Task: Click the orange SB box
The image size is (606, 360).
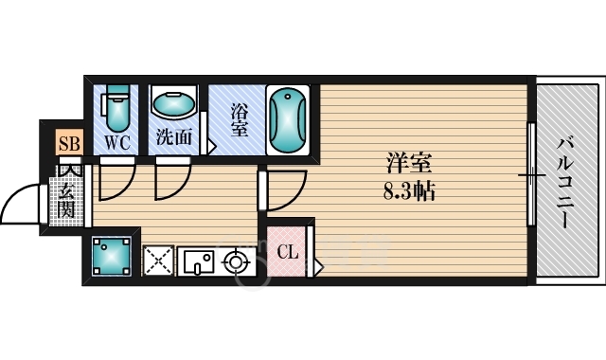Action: [69, 144]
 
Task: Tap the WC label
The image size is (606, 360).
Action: [116, 143]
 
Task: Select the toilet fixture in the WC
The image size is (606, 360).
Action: [116, 109]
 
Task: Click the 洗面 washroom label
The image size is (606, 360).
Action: [174, 137]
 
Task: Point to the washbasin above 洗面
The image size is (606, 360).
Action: [174, 104]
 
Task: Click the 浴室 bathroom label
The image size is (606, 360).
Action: [239, 117]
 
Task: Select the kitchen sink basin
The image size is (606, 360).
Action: [198, 261]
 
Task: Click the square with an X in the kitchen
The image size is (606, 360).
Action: [157, 261]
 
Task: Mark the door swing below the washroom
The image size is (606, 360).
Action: [171, 181]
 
